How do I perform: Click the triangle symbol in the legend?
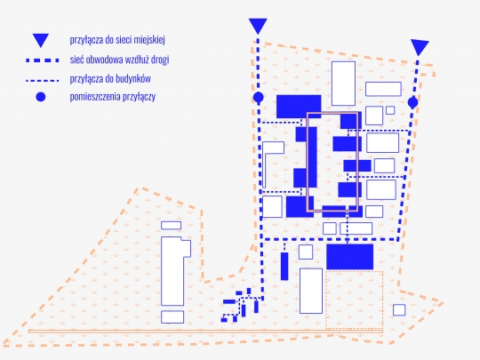[41, 40]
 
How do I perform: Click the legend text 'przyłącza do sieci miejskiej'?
[117, 40]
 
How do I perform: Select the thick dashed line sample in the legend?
[43, 60]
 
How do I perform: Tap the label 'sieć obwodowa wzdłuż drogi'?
[119, 60]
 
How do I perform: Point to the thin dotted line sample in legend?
[43, 81]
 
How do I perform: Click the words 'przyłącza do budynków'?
[110, 79]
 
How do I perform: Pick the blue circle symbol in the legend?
[41, 97]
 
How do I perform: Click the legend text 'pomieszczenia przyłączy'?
[113, 97]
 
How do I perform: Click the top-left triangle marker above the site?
[258, 25]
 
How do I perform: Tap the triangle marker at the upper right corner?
[420, 47]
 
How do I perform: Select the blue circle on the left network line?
[259, 98]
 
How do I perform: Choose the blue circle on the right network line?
[413, 102]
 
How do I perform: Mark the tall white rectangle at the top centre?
[343, 84]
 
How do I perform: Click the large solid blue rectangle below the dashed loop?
[349, 257]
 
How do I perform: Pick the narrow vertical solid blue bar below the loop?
[284, 266]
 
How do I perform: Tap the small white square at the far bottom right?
[399, 310]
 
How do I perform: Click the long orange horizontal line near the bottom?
[205, 331]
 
